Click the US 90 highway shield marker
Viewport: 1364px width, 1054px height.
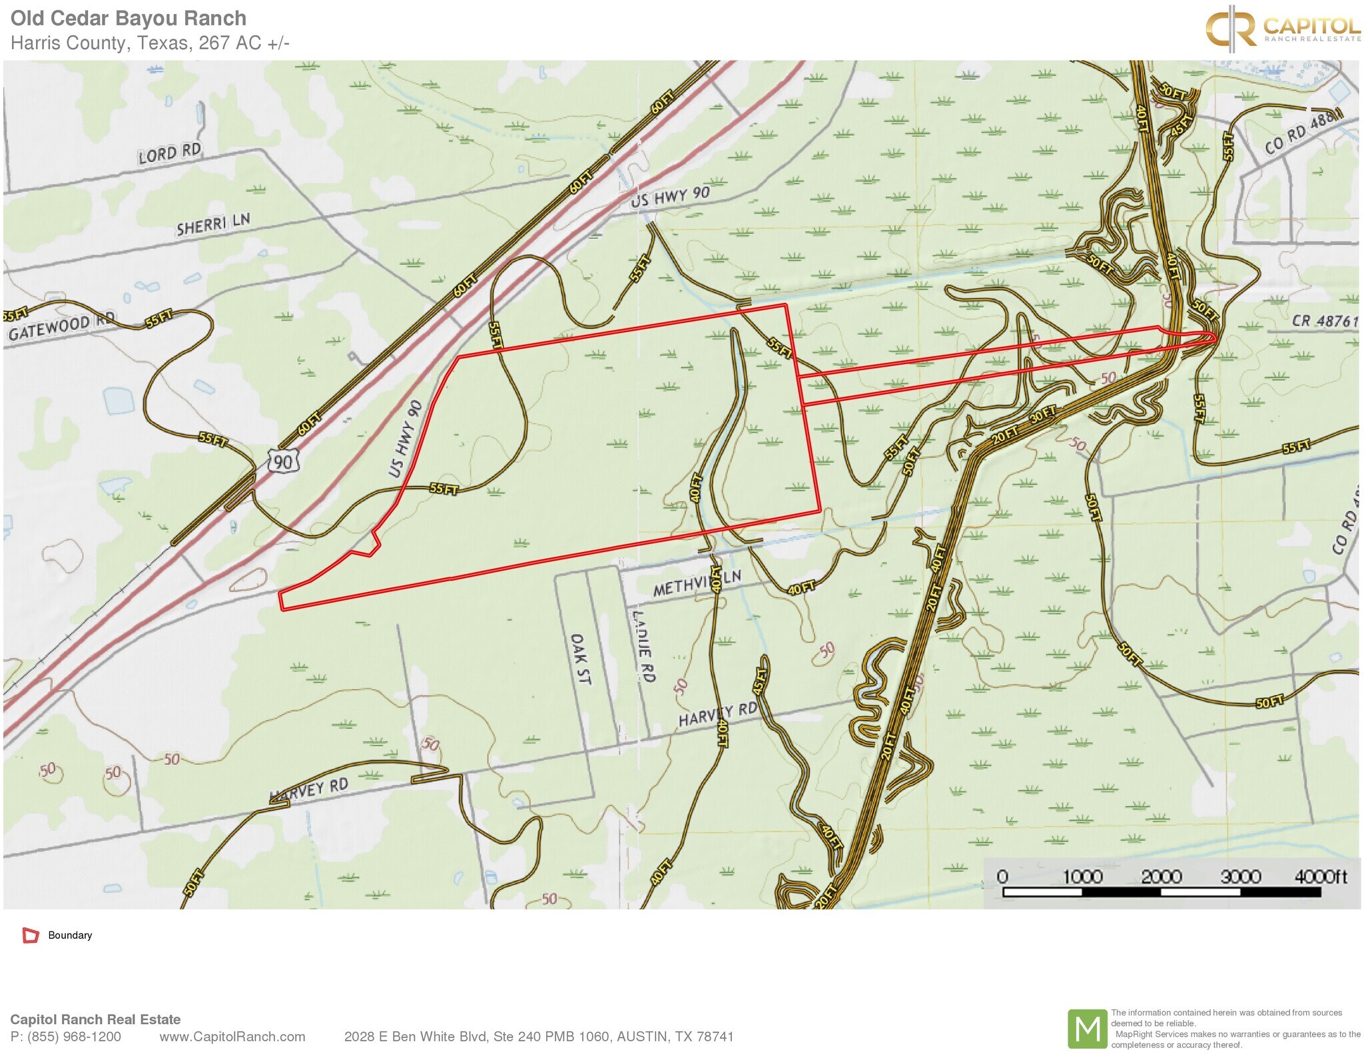click(282, 461)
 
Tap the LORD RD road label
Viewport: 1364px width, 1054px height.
click(169, 153)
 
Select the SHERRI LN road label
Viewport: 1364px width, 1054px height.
click(213, 224)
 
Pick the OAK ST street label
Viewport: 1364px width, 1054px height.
click(580, 659)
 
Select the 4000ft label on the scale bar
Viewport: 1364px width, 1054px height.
click(1320, 876)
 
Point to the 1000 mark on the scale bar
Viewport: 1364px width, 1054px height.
click(1082, 876)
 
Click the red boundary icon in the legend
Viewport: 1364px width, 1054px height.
click(31, 935)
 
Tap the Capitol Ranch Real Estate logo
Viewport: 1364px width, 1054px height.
click(1282, 28)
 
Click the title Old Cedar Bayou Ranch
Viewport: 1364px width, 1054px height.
click(129, 18)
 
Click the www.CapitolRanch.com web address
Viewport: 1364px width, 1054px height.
click(232, 1037)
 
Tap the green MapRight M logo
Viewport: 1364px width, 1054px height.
click(1087, 1029)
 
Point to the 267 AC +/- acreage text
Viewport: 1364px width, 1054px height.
click(244, 43)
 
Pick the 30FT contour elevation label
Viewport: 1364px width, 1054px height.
click(1043, 415)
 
